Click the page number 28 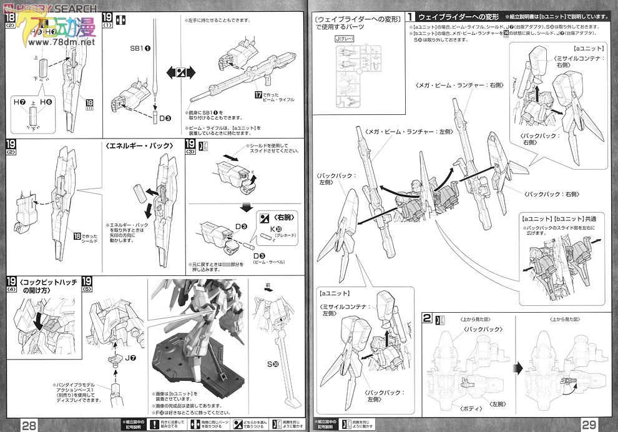click(x=29, y=425)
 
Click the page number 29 click(x=589, y=425)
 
